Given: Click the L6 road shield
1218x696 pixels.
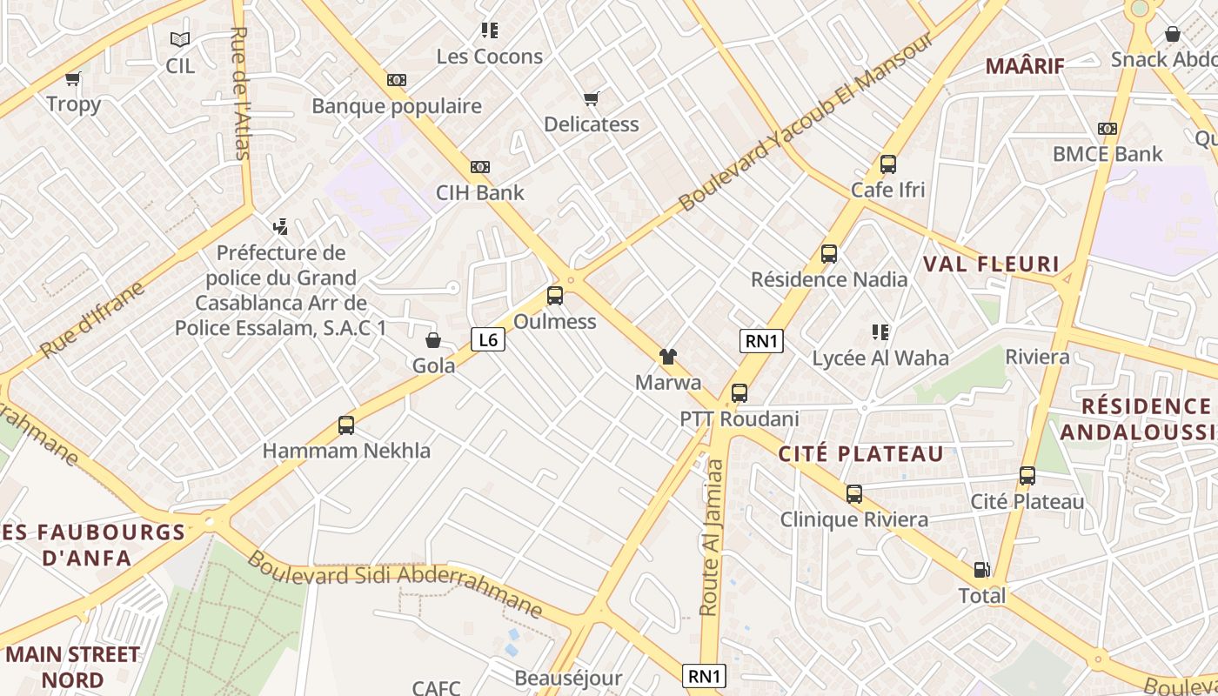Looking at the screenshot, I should click(x=488, y=339).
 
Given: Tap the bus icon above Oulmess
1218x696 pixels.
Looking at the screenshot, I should click(x=555, y=296).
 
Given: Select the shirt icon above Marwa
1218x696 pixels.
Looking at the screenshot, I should click(x=668, y=356).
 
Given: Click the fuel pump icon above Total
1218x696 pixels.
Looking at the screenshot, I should click(x=981, y=570).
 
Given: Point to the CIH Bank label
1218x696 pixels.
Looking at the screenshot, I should click(x=480, y=192).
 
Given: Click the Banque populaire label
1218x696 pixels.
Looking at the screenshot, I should click(x=397, y=106).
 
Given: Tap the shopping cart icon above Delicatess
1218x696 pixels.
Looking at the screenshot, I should click(x=592, y=98).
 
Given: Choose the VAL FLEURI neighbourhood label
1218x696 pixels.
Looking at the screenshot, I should click(x=991, y=264).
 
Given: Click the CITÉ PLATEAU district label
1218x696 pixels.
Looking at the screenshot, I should click(x=860, y=453).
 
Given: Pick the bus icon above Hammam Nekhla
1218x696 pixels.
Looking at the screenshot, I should click(x=346, y=425).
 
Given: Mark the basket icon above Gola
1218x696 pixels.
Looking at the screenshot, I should click(x=433, y=340).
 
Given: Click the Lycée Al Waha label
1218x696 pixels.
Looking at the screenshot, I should click(x=880, y=358).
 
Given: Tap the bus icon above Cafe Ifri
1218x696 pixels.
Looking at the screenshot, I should click(x=888, y=164).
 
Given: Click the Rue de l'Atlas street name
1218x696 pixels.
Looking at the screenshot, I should click(x=239, y=91).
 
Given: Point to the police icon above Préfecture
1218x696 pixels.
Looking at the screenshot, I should click(x=280, y=228).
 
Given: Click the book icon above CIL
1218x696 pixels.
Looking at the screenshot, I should click(x=180, y=40).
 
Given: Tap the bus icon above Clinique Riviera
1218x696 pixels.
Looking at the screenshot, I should click(x=854, y=494).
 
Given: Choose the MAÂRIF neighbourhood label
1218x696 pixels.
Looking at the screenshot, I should click(x=1025, y=65).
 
